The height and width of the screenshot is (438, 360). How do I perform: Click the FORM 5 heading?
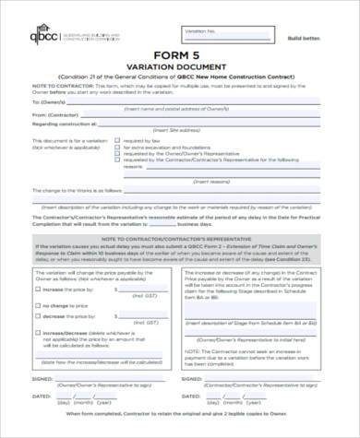tap(180, 54)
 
